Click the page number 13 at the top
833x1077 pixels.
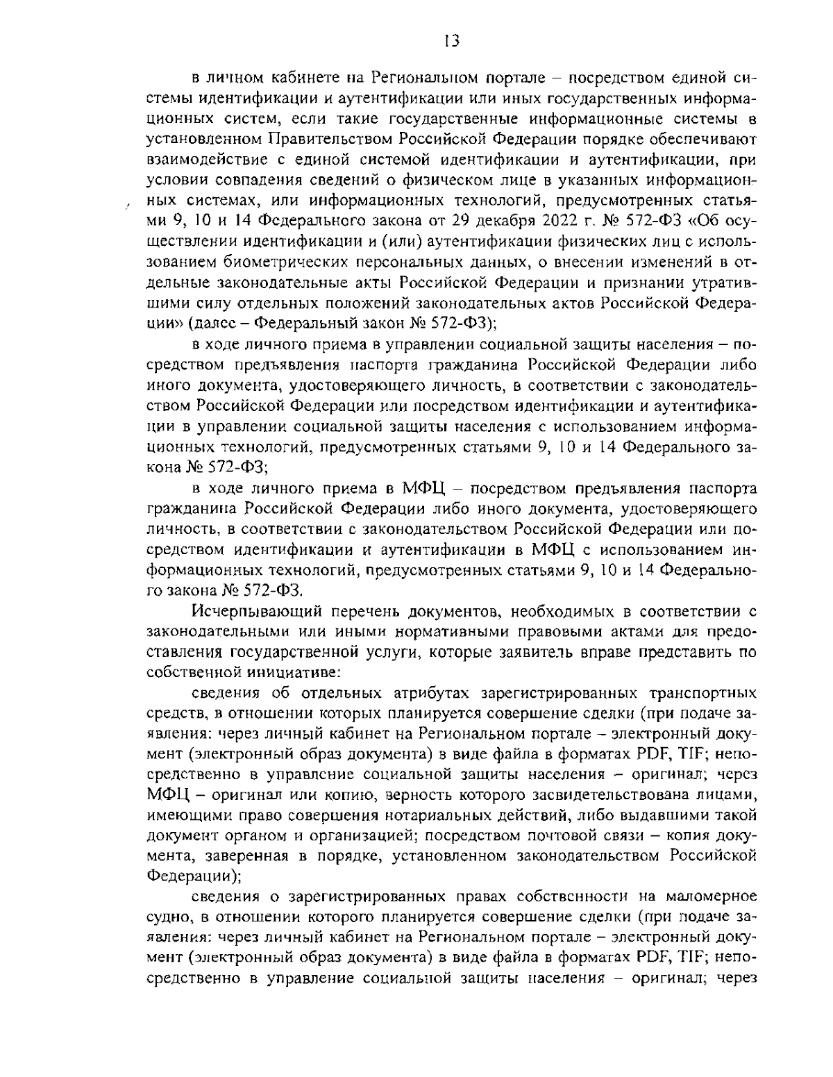coord(451,41)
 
